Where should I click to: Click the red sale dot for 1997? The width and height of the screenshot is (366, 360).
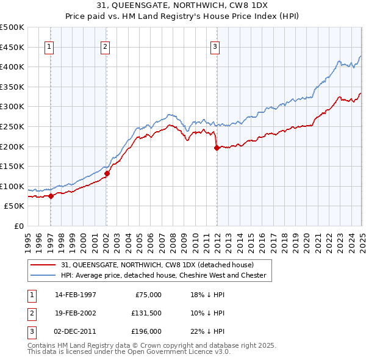click(51, 196)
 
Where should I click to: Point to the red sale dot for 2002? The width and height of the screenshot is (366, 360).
click(107, 173)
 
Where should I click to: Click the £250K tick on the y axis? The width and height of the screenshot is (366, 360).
click(12, 126)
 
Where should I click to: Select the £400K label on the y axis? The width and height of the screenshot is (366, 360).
click(12, 67)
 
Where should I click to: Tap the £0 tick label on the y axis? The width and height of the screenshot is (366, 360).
click(20, 226)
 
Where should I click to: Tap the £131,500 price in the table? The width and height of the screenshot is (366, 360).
click(146, 313)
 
